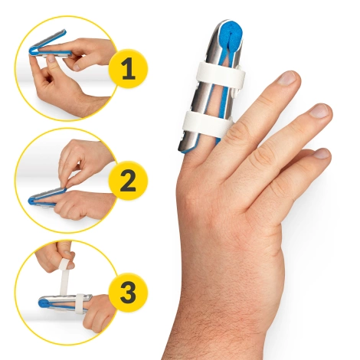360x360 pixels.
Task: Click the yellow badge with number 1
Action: point(129,71)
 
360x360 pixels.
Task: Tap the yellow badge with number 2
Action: point(129,181)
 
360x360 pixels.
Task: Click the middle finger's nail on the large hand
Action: point(288,78)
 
